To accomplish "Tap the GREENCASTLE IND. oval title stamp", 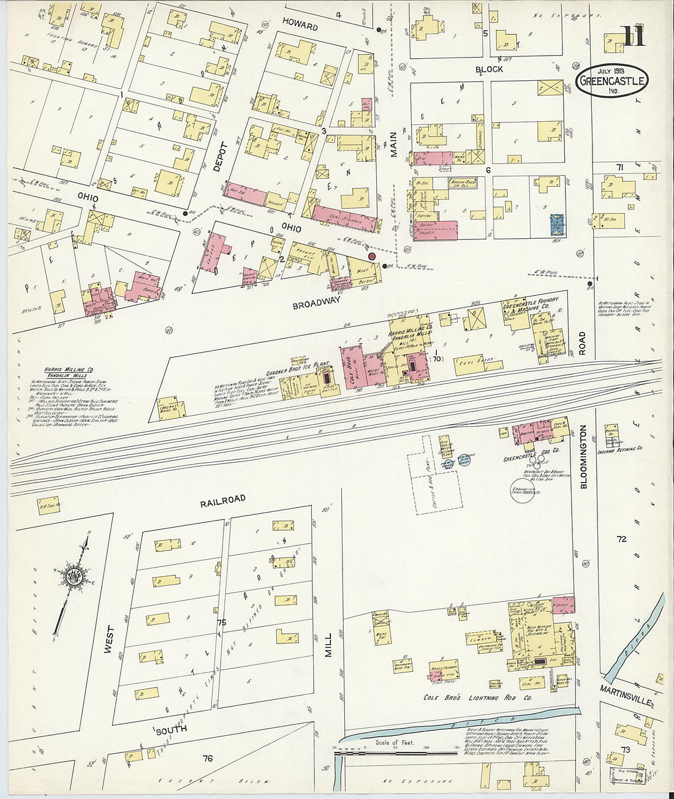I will (x=611, y=82).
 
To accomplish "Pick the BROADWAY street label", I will (x=316, y=304).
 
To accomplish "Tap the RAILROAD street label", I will (x=222, y=500).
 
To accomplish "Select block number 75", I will (x=221, y=623).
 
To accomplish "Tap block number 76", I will (x=208, y=759).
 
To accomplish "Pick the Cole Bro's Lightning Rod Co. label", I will (x=477, y=697).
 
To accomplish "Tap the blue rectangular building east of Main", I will (x=557, y=225).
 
